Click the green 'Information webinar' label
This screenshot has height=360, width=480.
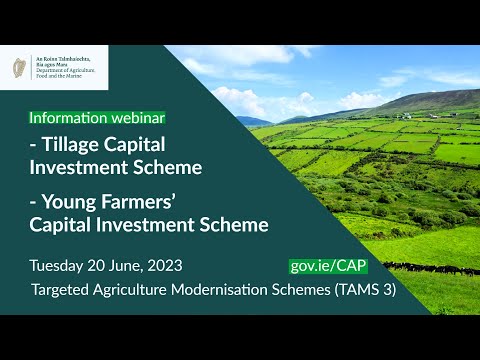(97, 117)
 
